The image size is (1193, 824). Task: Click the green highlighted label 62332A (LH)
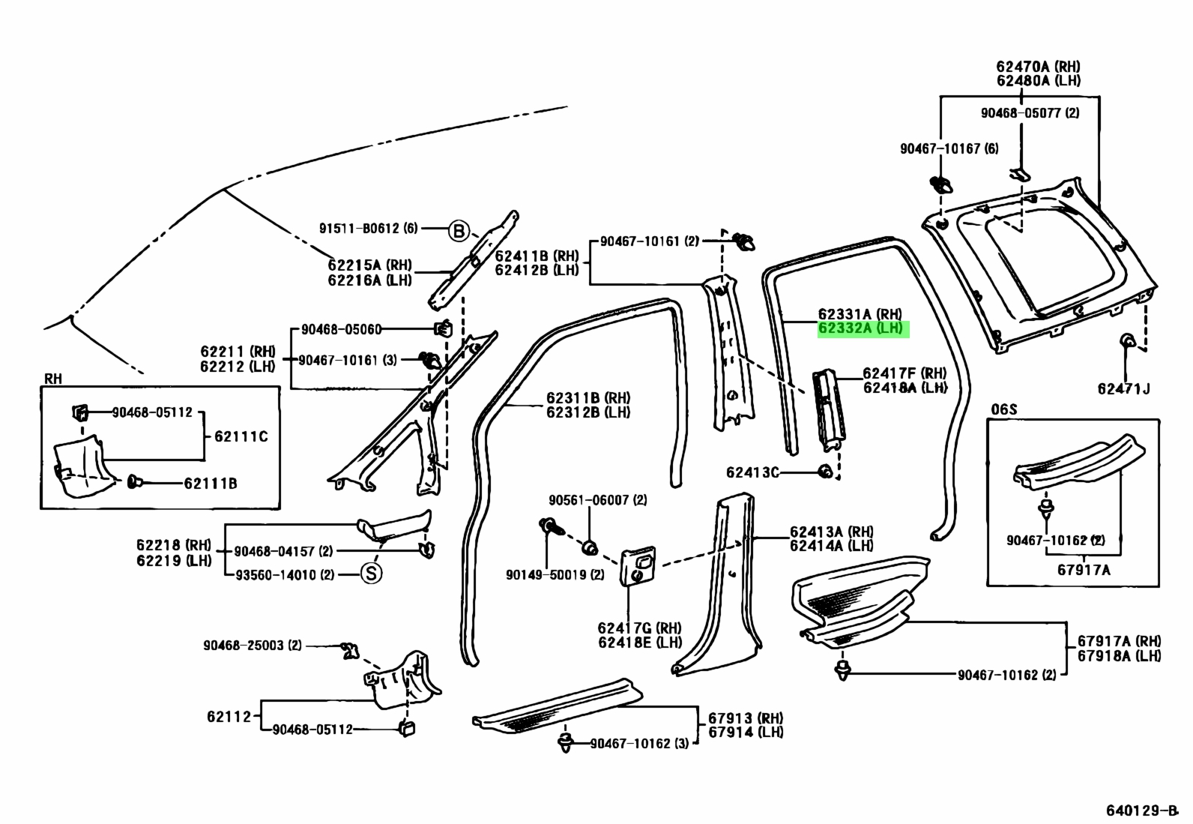863,329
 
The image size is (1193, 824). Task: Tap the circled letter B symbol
459,231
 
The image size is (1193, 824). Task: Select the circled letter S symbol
371,574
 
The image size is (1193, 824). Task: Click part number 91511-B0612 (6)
369,228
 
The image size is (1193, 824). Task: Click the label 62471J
1124,388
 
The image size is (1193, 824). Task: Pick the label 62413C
752,472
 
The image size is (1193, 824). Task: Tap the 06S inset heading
1004,409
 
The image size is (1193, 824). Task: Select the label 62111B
211,484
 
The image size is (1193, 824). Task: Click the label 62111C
241,436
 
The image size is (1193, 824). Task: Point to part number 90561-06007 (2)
597,500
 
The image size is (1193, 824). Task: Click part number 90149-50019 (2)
555,574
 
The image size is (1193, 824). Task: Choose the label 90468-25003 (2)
252,646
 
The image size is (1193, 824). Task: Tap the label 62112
229,716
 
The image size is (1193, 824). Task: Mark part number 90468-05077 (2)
1030,113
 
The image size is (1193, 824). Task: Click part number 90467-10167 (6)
949,148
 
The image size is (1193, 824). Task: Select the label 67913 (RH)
746,718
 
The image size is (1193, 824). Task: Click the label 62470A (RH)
1038,67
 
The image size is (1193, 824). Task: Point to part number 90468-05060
342,329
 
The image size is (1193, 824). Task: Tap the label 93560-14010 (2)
285,574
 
